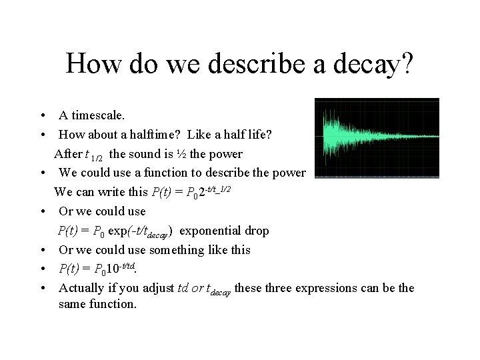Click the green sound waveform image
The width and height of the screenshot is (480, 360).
click(x=377, y=139)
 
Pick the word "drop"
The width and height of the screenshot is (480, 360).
click(x=255, y=231)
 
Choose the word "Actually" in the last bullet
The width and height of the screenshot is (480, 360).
click(x=81, y=288)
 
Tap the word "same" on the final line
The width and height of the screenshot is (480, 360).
click(x=73, y=305)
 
